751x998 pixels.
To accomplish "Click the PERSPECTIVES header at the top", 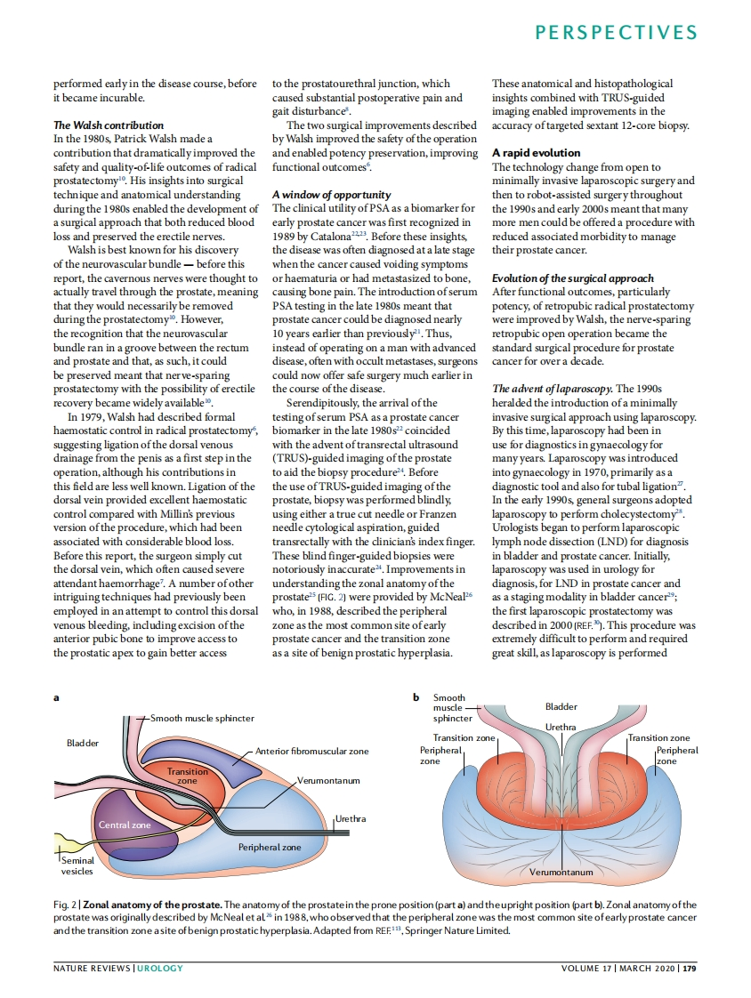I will [616, 33].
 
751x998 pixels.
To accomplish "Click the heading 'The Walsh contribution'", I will [109, 125].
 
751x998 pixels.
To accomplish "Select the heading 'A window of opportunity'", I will [331, 195].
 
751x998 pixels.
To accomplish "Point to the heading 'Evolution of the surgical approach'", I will [573, 278].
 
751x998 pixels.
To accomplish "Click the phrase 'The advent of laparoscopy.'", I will [551, 390].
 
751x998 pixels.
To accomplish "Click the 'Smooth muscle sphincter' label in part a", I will [202, 717].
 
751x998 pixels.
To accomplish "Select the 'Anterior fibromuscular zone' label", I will [311, 752].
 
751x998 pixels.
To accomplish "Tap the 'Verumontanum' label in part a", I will [328, 780].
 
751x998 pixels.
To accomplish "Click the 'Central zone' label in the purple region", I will [125, 825].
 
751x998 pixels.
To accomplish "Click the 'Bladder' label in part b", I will [561, 706].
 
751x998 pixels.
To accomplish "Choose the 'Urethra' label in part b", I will [561, 728].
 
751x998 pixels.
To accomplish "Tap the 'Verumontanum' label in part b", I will [561, 873].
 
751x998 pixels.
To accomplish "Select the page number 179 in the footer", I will [689, 968].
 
